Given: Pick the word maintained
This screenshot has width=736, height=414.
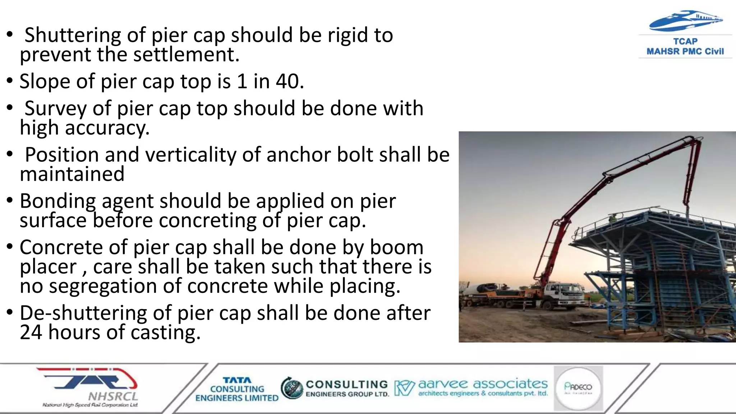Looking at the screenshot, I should point(72,174).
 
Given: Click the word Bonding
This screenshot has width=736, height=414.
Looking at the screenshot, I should point(57,201).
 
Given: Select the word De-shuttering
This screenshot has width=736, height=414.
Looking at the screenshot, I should point(83,313).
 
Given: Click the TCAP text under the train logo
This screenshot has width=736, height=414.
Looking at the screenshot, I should point(685,42).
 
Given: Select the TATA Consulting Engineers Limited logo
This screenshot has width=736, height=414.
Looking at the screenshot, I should point(237,389).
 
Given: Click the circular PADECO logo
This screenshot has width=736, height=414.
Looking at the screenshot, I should point(578,388).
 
